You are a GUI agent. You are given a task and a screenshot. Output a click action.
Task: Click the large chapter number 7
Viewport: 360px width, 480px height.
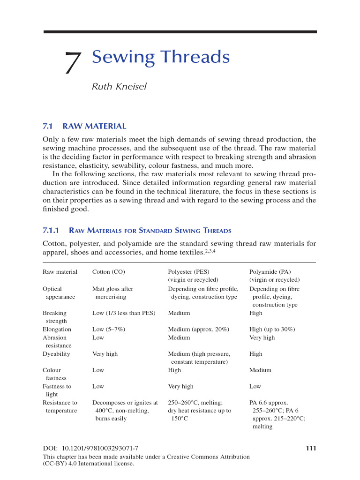(x=73, y=63)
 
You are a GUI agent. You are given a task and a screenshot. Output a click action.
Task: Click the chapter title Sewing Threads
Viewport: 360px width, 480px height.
(x=161, y=57)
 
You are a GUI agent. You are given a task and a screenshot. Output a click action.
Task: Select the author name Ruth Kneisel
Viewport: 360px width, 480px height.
(x=119, y=86)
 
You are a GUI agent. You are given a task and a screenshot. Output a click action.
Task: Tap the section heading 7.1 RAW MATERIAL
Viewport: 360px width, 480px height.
(x=84, y=126)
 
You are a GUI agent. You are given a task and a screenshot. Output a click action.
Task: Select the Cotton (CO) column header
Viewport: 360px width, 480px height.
(x=109, y=272)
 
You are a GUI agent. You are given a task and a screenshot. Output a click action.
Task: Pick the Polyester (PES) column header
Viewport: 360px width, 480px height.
(x=188, y=272)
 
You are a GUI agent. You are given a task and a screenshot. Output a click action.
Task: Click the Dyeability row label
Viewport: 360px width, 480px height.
(x=56, y=354)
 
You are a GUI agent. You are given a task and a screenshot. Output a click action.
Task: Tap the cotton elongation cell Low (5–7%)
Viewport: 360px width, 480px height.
(x=108, y=330)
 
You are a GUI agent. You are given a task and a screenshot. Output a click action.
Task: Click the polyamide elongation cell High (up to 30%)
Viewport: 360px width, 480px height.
(x=272, y=330)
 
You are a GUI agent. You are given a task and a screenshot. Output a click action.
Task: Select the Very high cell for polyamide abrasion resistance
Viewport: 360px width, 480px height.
(x=262, y=337)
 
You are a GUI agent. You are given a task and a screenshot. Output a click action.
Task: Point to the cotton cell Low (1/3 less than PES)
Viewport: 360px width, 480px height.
(x=124, y=313)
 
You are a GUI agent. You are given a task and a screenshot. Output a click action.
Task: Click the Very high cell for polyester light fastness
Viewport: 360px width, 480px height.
(x=180, y=387)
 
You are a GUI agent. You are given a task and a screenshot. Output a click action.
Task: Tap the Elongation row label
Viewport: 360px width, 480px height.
(x=57, y=330)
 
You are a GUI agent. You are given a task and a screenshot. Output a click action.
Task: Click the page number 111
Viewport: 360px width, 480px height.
(x=311, y=449)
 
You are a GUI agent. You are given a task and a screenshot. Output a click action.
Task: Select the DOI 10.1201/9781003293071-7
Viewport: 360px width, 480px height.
(x=90, y=449)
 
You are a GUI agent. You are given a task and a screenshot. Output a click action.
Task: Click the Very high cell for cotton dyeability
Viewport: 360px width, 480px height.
(x=105, y=354)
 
